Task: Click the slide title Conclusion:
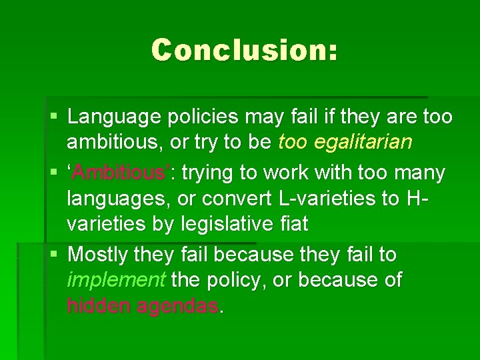(244, 50)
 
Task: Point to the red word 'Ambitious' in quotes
(119, 173)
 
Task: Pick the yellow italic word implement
(115, 280)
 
